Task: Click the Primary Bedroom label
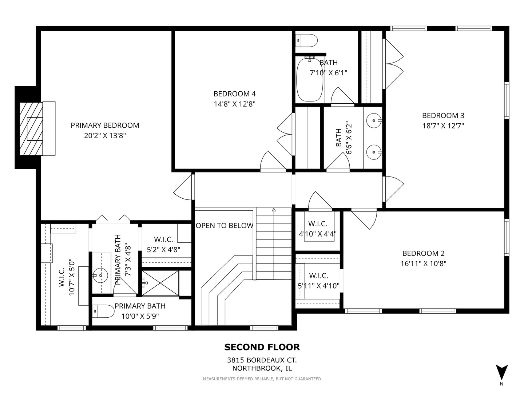tap(105, 125)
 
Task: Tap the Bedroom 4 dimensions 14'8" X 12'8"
tap(234, 104)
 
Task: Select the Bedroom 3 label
tap(443, 115)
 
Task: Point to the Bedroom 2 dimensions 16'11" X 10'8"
tap(423, 263)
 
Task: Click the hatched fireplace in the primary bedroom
tap(31, 128)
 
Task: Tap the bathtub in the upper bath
tap(310, 79)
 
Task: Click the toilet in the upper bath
tap(306, 40)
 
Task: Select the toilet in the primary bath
tap(103, 311)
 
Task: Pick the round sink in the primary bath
tap(100, 275)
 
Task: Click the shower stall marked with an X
tap(160, 283)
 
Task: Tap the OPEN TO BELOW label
tap(225, 226)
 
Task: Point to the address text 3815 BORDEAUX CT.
tap(262, 360)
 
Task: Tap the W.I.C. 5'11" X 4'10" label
tap(318, 281)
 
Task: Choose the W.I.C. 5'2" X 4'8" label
tap(163, 244)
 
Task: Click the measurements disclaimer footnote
tap(262, 379)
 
